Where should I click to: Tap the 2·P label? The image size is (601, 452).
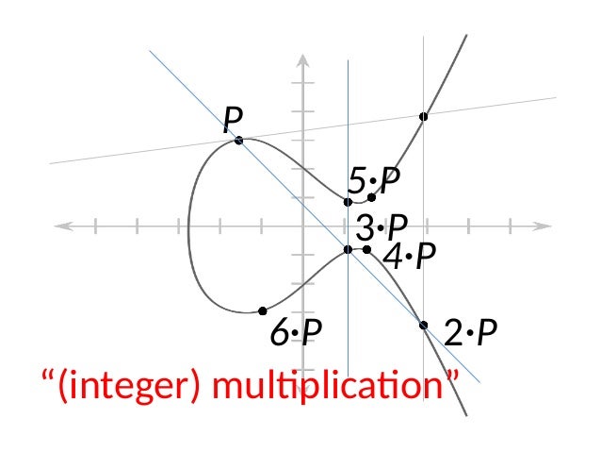470,332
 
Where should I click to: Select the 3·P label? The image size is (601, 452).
382,226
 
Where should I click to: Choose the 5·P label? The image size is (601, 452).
374,179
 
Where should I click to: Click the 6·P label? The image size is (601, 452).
297,332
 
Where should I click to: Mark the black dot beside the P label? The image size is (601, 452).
238,140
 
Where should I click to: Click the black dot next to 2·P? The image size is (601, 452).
424,326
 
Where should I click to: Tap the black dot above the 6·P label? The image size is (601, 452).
262,310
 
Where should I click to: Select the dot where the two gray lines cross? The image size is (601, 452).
424,116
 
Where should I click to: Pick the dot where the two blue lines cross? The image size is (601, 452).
349,249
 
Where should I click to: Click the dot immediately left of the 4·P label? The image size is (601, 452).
366,249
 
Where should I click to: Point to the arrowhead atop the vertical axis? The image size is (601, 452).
303,59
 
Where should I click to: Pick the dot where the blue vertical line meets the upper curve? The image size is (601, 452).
349,202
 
